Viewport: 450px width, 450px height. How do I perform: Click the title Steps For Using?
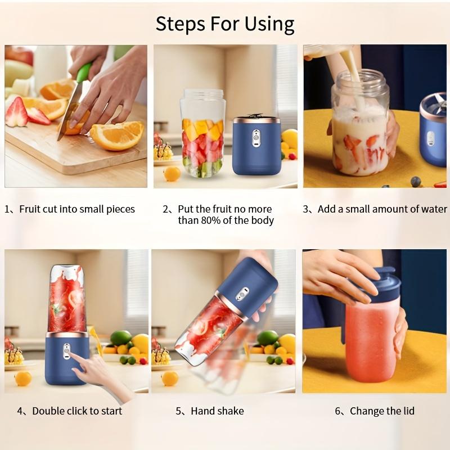(x=225, y=24)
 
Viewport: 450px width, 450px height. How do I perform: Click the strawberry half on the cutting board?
(x=16, y=112)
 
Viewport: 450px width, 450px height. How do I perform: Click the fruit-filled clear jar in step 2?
(x=202, y=135)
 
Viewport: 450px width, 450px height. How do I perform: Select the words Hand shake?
(x=217, y=411)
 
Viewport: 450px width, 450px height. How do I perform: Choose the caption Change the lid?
(x=382, y=411)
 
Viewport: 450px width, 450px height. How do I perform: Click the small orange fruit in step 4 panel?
(x=23, y=378)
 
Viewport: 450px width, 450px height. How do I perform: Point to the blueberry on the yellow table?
(x=415, y=181)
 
